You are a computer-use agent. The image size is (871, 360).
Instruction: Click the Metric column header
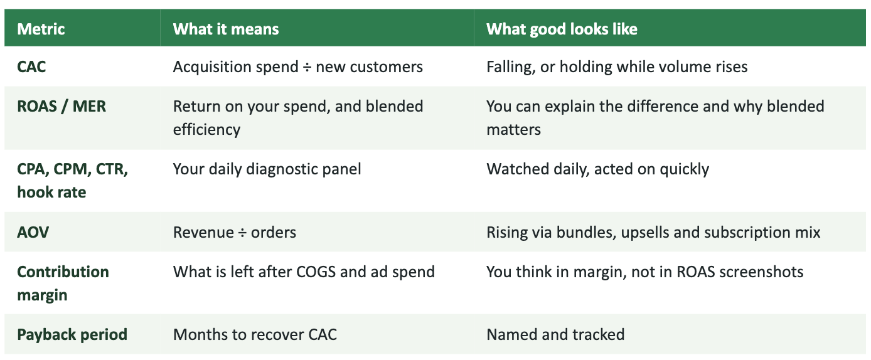pyautogui.click(x=41, y=29)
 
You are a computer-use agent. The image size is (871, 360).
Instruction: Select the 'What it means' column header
pyautogui.click(x=226, y=29)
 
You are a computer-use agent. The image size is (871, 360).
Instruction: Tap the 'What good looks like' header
pyautogui.click(x=562, y=29)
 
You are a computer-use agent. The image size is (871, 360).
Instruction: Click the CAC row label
pyautogui.click(x=31, y=67)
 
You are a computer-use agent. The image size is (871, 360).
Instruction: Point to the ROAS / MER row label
pyautogui.click(x=61, y=107)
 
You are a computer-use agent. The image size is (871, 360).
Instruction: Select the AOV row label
pyautogui.click(x=33, y=233)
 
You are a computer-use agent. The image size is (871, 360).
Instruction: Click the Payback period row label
pyautogui.click(x=72, y=335)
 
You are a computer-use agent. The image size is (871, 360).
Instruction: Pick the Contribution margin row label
pyautogui.click(x=63, y=283)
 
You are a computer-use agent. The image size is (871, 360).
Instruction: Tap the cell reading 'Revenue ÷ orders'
pyautogui.click(x=235, y=233)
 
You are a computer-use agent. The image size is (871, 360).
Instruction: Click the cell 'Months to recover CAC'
pyautogui.click(x=255, y=335)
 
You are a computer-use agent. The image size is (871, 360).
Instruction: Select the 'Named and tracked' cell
pyautogui.click(x=555, y=335)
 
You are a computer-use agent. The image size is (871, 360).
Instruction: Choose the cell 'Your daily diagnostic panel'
pyautogui.click(x=267, y=169)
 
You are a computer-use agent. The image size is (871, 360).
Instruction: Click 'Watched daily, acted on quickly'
pyautogui.click(x=598, y=169)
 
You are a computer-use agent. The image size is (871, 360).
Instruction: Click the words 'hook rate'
pyautogui.click(x=51, y=193)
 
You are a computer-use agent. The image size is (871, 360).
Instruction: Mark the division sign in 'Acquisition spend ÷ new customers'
pyautogui.click(x=307, y=67)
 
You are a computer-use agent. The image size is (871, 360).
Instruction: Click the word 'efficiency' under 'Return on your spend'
pyautogui.click(x=207, y=130)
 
